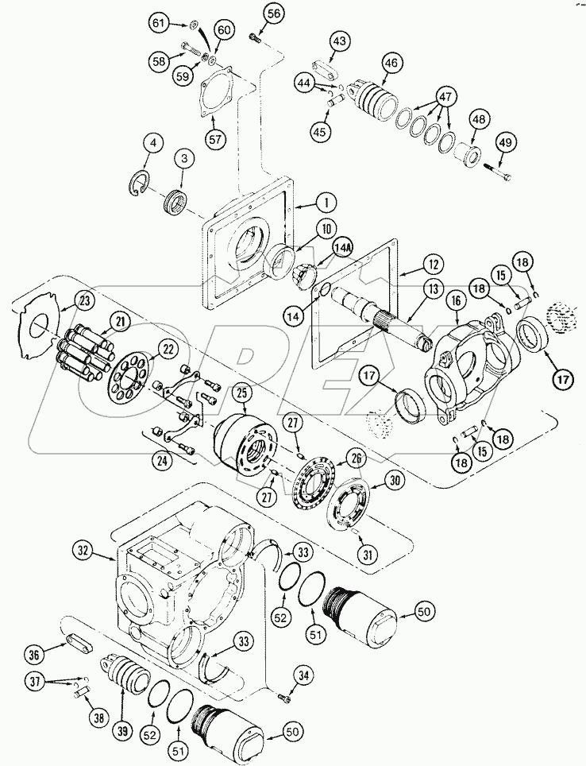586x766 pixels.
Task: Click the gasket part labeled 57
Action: pyautogui.click(x=212, y=87)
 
